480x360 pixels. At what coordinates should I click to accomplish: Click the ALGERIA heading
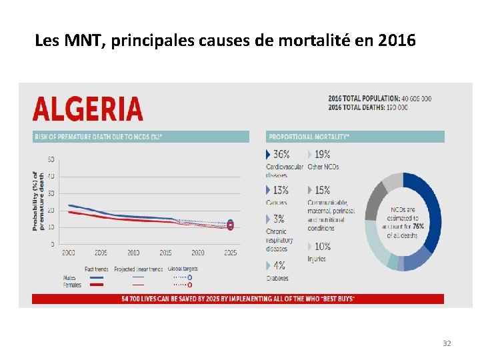point(87,109)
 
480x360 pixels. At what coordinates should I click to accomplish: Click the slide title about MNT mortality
point(225,41)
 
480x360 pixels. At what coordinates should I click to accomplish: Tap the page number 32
point(447,343)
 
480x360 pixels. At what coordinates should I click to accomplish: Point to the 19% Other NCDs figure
point(321,154)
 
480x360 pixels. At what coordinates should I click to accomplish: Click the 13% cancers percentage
point(280,190)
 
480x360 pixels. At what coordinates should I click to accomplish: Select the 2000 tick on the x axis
point(68,253)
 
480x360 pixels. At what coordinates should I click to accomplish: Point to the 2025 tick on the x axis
point(230,253)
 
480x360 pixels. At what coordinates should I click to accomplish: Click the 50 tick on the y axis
point(51,159)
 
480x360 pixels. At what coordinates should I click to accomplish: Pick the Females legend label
point(72,285)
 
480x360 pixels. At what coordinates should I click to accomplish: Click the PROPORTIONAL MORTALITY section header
point(309,137)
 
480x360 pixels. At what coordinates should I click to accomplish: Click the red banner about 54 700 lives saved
point(237,299)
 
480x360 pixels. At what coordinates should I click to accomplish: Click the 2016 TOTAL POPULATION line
point(379,99)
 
